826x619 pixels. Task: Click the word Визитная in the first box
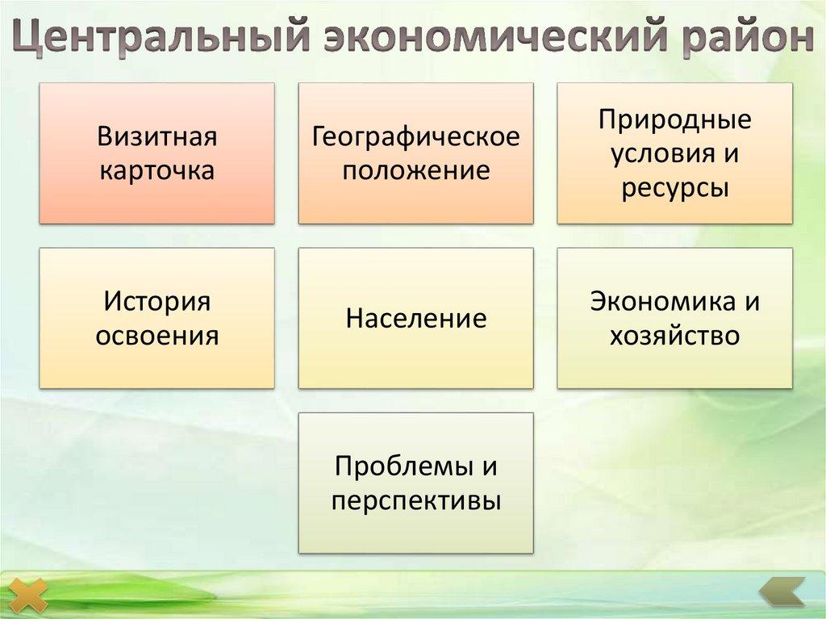pyautogui.click(x=157, y=136)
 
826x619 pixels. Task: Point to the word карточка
pyautogui.click(x=157, y=171)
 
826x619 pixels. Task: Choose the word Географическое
pyautogui.click(x=415, y=136)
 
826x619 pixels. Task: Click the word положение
pyautogui.click(x=415, y=171)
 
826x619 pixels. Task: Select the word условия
pyautogui.click(x=662, y=153)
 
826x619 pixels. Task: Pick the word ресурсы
pyautogui.click(x=674, y=188)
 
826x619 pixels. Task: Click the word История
pyautogui.click(x=157, y=301)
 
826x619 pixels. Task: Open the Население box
pyautogui.click(x=415, y=318)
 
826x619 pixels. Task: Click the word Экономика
pyautogui.click(x=652, y=301)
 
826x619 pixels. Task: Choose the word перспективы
pyautogui.click(x=415, y=501)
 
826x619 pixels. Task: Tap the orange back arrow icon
pyautogui.click(x=782, y=592)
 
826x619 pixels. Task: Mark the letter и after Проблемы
pyautogui.click(x=489, y=466)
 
